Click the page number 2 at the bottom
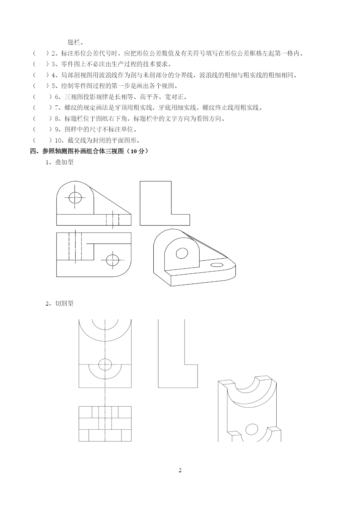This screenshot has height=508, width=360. point(180,471)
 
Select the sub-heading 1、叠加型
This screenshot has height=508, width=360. point(60,162)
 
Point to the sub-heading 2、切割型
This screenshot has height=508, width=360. point(60,304)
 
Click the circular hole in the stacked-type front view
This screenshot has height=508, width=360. point(75,198)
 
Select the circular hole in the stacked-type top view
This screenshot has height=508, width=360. point(113,260)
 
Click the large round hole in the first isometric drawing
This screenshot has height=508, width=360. point(182,253)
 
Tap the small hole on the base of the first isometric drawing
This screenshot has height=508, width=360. point(217,265)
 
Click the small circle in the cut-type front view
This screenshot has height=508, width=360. point(105,365)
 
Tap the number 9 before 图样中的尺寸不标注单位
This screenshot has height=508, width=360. point(57,130)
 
